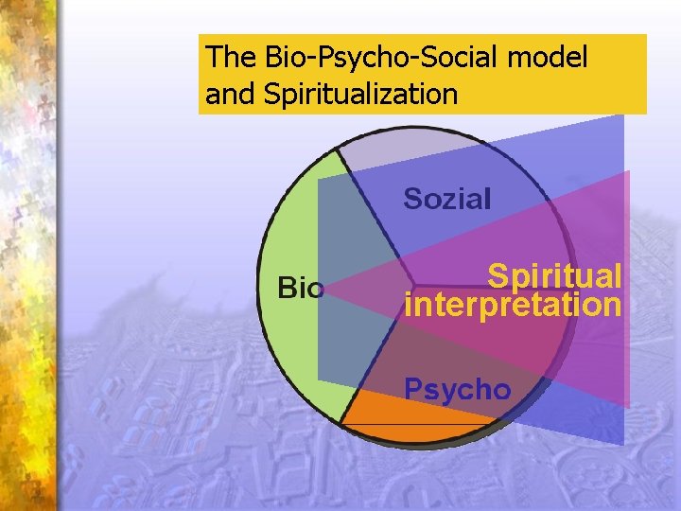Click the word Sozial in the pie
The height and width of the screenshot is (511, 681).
pyautogui.click(x=447, y=199)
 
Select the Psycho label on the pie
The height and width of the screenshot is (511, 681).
pyautogui.click(x=458, y=388)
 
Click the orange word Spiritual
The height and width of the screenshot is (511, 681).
pyautogui.click(x=554, y=275)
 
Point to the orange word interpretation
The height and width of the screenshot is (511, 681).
pyautogui.click(x=513, y=305)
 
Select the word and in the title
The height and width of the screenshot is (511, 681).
pyautogui.click(x=223, y=95)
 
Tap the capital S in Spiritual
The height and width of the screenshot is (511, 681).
pyautogui.click(x=496, y=275)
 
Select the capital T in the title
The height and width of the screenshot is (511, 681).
pyautogui.click(x=213, y=58)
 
